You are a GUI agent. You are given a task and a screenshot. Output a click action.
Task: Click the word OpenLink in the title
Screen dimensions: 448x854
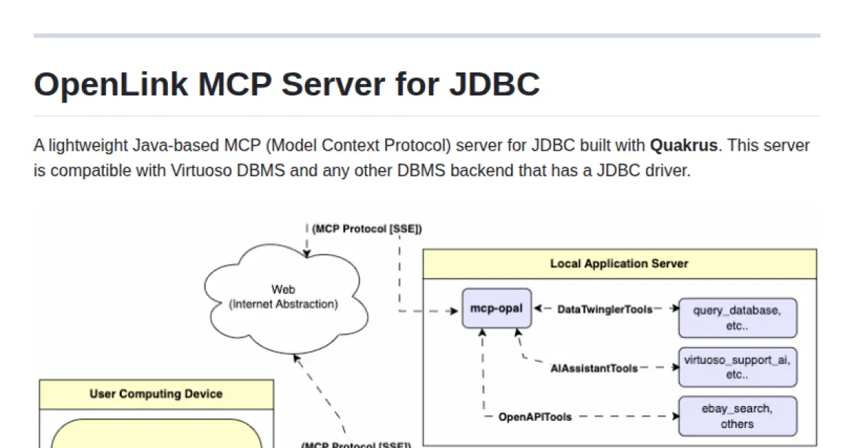(x=111, y=84)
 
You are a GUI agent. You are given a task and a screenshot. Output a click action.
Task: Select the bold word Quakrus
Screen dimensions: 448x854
(x=683, y=146)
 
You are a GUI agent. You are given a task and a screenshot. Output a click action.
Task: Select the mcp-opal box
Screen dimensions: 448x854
(x=497, y=309)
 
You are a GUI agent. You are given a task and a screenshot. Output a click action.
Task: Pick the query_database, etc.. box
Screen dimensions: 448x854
(x=737, y=318)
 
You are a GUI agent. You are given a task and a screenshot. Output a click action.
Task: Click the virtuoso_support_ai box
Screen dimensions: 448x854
(x=737, y=367)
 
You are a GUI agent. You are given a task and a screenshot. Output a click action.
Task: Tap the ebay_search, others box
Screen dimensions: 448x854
(x=737, y=416)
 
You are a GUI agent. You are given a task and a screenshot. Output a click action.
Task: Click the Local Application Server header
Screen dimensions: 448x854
(x=619, y=264)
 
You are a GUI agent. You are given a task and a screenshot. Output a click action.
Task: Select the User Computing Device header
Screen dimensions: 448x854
(x=156, y=394)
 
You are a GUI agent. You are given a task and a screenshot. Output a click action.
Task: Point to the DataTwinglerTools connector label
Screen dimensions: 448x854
(x=604, y=309)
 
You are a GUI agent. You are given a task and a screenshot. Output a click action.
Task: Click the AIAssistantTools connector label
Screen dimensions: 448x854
(x=594, y=368)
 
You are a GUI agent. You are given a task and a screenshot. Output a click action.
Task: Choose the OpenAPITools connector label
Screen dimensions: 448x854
(x=534, y=417)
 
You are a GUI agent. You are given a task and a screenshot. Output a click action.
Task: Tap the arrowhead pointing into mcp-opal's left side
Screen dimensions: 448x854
(x=453, y=311)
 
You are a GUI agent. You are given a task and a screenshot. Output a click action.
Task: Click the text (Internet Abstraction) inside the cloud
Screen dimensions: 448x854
(x=283, y=304)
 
